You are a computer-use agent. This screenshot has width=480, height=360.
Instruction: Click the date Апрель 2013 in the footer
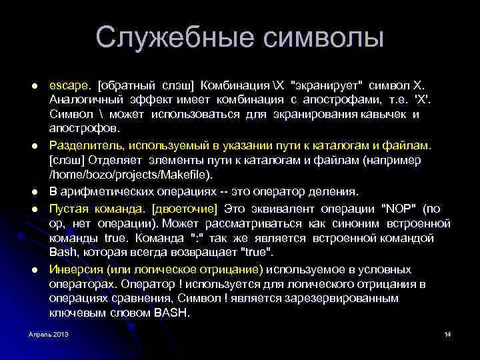click(x=48, y=333)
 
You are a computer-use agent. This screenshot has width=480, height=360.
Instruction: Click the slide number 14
click(x=447, y=333)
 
